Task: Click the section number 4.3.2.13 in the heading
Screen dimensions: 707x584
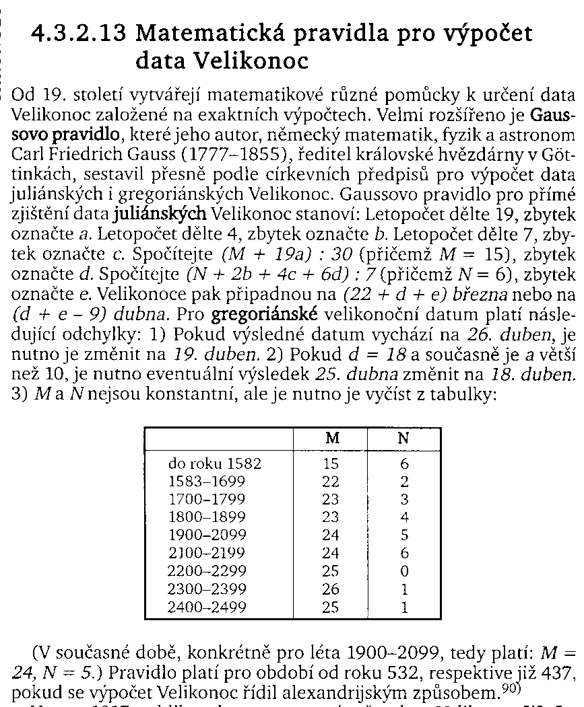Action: tap(79, 34)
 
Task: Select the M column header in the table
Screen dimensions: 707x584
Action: tap(332, 438)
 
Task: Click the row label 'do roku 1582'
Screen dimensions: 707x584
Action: tap(214, 464)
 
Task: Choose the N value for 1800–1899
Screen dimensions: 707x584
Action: tap(404, 518)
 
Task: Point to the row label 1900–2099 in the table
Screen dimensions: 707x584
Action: tap(207, 536)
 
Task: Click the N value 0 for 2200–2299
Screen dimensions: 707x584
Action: tap(404, 572)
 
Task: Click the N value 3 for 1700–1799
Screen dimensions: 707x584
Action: tap(404, 500)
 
